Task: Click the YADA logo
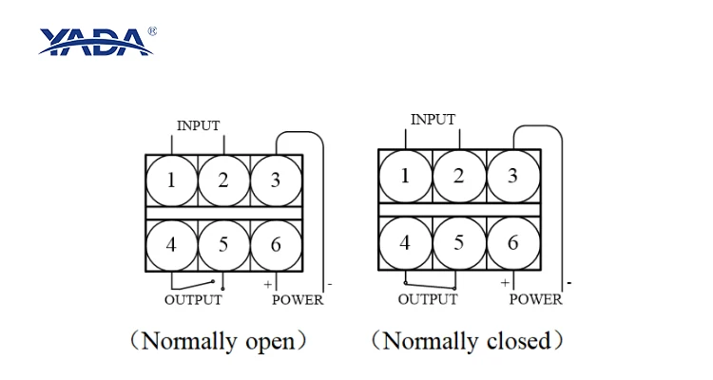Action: click(96, 42)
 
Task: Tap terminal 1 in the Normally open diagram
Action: click(171, 180)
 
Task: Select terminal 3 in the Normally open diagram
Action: click(276, 180)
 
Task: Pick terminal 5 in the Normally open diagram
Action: click(223, 245)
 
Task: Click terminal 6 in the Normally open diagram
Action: click(276, 245)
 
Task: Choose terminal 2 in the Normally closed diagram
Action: click(459, 177)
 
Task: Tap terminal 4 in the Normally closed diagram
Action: click(405, 243)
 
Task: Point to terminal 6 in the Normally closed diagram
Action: click(513, 243)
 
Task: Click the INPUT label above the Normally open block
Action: click(199, 125)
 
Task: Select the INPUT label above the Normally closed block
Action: click(433, 120)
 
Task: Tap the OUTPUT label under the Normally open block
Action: click(193, 300)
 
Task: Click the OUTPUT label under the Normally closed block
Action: click(428, 299)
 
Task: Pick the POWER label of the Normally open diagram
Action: click(298, 300)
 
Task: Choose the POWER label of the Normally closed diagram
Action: click(535, 299)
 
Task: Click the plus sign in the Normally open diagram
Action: click(268, 285)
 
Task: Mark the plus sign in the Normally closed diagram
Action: click(505, 283)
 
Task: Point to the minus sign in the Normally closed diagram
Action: click(569, 283)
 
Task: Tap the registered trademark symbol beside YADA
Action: click(152, 31)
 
